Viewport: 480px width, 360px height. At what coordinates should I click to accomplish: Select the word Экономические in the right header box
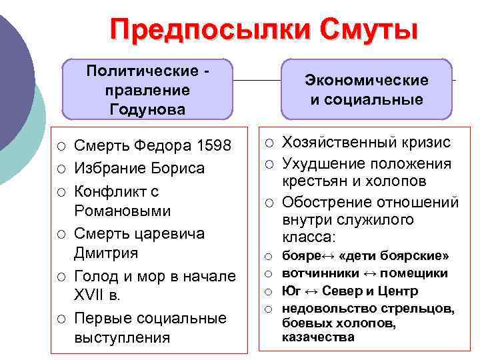366,81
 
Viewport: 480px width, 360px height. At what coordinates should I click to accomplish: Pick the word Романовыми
122,211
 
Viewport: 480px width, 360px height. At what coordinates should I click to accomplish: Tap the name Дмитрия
106,253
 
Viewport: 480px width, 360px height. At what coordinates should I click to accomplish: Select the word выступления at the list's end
122,338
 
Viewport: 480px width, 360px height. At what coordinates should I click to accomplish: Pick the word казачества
318,337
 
